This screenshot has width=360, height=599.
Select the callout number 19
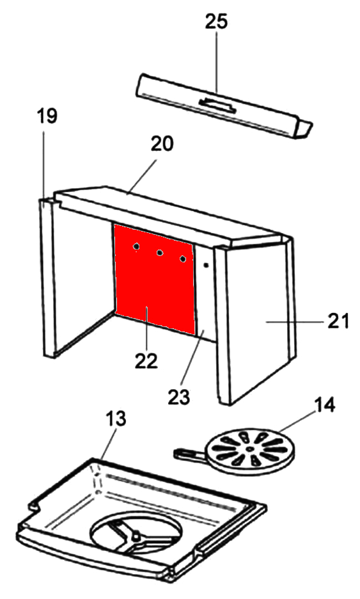point(47,116)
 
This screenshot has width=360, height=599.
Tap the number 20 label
point(162,143)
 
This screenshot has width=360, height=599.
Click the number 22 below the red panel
point(146,361)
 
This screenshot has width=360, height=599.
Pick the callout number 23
point(178,397)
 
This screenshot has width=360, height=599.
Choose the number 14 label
point(324,405)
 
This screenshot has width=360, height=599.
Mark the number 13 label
point(115,419)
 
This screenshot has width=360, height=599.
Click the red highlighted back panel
point(154,278)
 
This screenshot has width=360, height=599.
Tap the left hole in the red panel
point(136,247)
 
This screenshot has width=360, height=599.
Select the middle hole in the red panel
point(160,253)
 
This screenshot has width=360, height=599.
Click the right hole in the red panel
point(184,259)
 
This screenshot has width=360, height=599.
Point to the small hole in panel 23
point(206,264)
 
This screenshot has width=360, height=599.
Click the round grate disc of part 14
point(251,450)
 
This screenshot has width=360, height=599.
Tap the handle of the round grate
point(190,454)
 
